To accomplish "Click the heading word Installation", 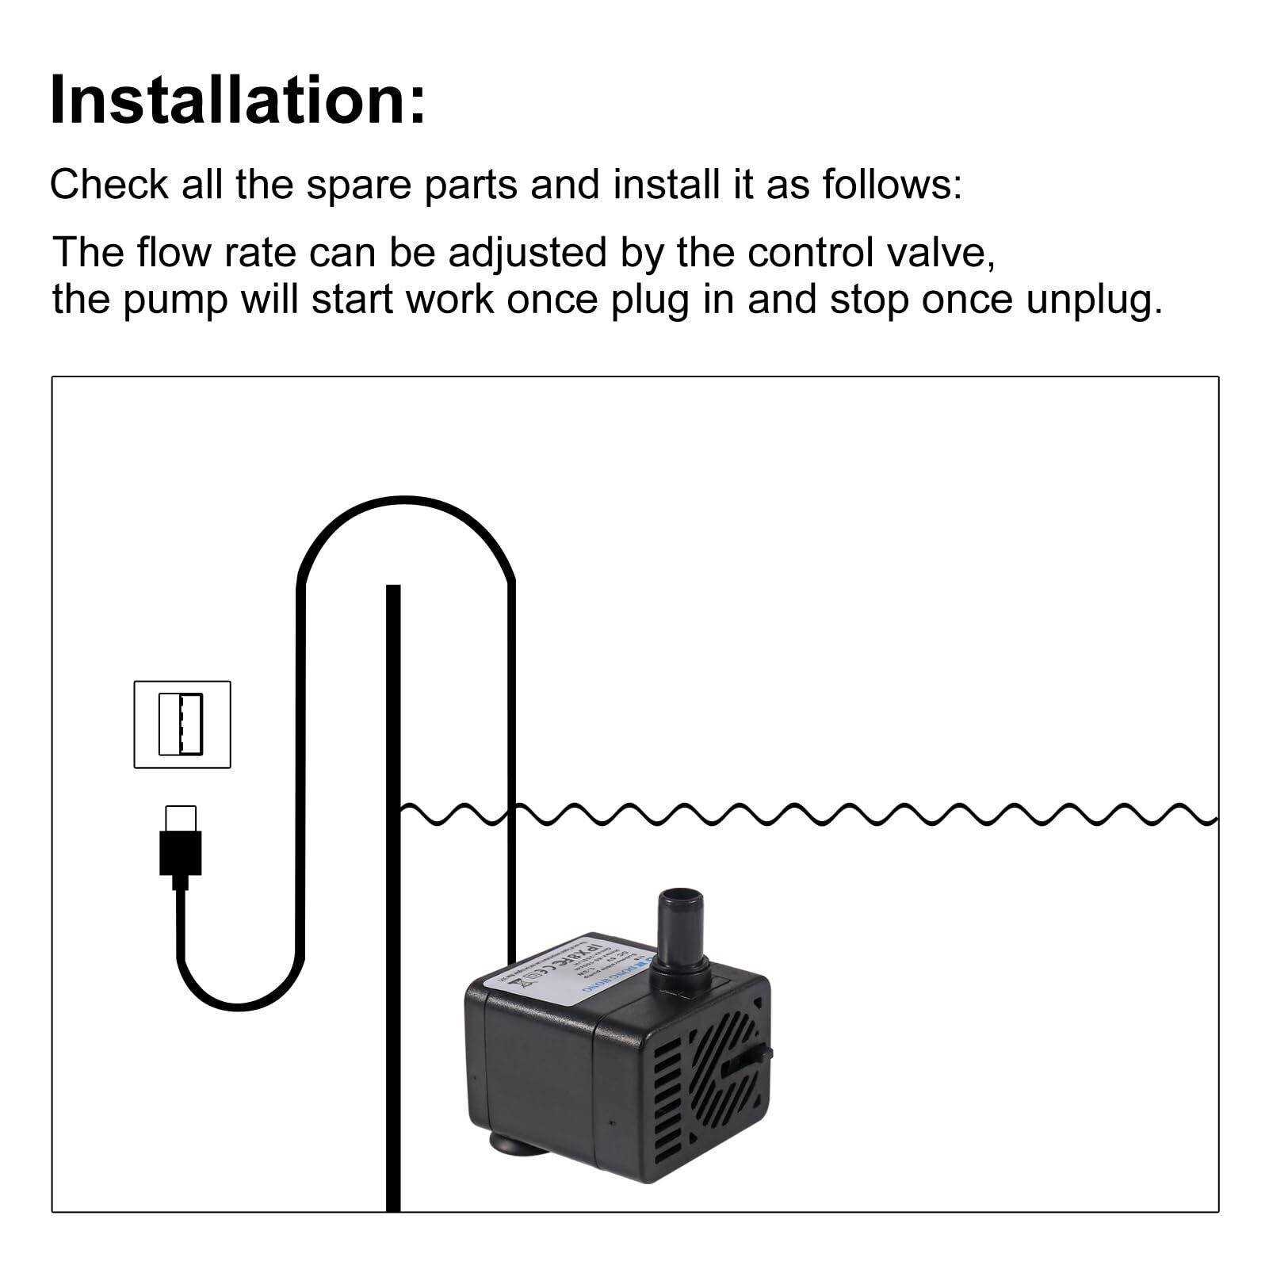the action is [237, 101].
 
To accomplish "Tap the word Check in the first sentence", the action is [109, 185].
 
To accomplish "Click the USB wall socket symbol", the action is [182, 724].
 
